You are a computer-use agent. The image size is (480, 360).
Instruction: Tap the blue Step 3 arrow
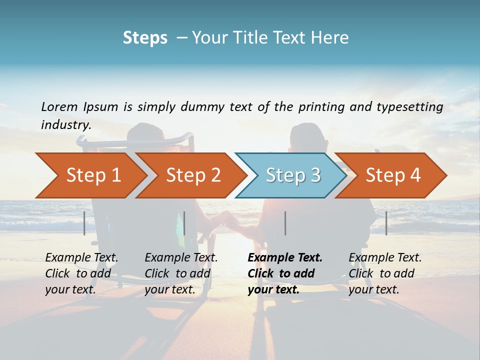click(x=293, y=175)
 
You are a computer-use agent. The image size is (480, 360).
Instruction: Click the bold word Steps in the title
click(x=145, y=38)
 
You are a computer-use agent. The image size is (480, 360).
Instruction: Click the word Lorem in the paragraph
click(x=59, y=106)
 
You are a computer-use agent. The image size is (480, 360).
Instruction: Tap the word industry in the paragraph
click(x=65, y=125)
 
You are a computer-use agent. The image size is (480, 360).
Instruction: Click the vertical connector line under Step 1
click(x=84, y=223)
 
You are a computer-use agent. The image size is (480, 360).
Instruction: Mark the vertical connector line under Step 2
click(x=184, y=223)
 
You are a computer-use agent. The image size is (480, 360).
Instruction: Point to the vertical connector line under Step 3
click(x=285, y=223)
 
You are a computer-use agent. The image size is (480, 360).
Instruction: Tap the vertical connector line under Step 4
click(x=386, y=223)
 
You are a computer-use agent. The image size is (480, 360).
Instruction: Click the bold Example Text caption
click(x=285, y=273)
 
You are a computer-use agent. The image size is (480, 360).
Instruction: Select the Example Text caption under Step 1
click(x=81, y=273)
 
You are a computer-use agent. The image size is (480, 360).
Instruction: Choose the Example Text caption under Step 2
click(x=181, y=273)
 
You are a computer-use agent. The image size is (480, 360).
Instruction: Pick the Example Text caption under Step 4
click(x=385, y=273)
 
